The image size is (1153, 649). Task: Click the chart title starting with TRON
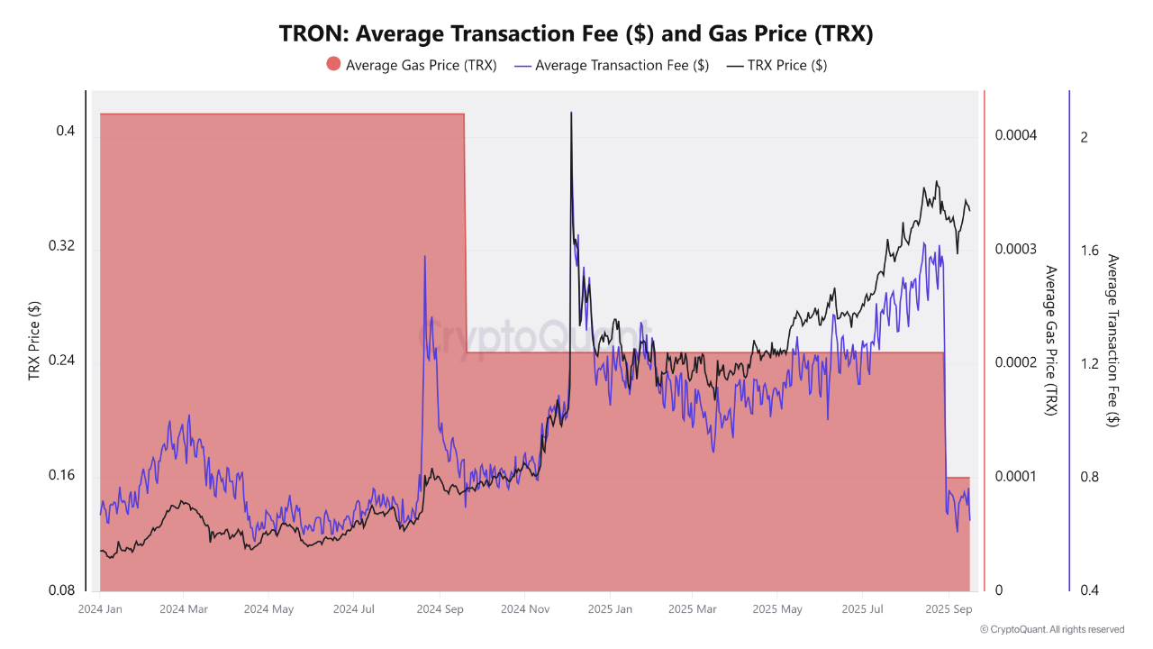576,33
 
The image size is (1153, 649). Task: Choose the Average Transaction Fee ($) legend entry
612,65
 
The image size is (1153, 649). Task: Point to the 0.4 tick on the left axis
65,132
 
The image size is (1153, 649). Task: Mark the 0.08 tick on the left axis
61,590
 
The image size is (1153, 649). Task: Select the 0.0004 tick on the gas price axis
1016,135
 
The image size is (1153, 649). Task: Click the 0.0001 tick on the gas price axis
1016,476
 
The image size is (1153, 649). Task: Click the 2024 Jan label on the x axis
100,609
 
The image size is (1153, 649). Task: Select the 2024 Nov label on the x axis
525,609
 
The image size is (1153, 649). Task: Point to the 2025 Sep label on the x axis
949,609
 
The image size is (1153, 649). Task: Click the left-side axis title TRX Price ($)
35,340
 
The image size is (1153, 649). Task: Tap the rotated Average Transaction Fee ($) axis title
1113,340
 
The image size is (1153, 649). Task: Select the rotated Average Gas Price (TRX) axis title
1049,340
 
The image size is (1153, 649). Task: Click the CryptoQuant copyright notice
1052,629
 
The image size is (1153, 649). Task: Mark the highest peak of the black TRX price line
570,113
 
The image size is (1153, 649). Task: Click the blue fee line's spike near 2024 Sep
424,257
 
